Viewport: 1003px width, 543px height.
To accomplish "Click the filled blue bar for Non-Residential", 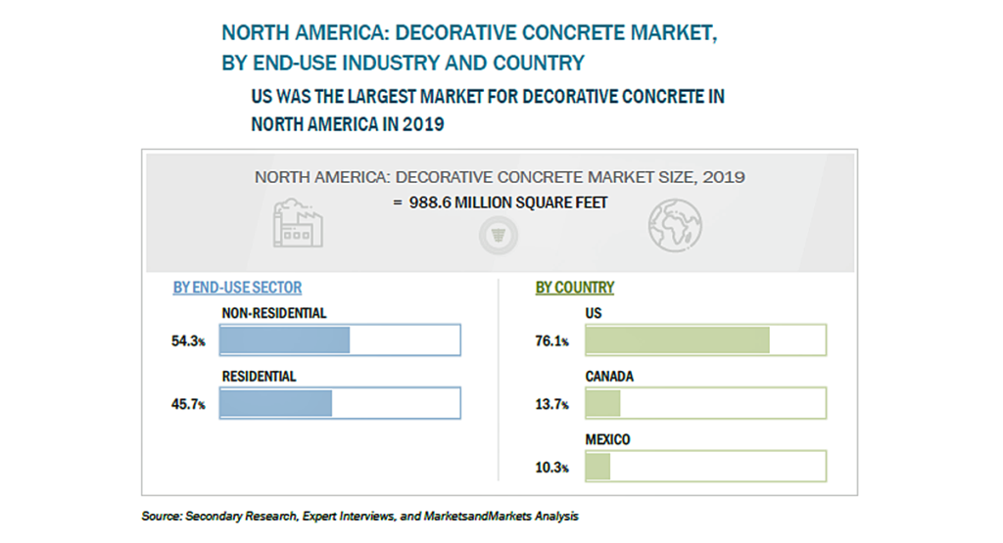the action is pyautogui.click(x=285, y=339).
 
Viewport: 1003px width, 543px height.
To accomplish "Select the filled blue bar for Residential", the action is pyautogui.click(x=275, y=403).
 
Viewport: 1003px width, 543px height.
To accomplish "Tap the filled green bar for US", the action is pyautogui.click(x=678, y=339).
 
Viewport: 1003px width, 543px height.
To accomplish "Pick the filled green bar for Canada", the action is pyautogui.click(x=603, y=403).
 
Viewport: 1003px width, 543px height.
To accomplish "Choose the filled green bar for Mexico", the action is pyautogui.click(x=598, y=467).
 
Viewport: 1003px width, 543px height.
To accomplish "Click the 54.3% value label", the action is pyautogui.click(x=188, y=341).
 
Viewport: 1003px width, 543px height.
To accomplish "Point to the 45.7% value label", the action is pyautogui.click(x=188, y=404).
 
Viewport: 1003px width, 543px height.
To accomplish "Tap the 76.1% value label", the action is pyautogui.click(x=552, y=341).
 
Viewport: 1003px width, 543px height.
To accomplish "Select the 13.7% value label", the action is pyautogui.click(x=552, y=404).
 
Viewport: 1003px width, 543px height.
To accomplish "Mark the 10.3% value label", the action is pyautogui.click(x=552, y=468).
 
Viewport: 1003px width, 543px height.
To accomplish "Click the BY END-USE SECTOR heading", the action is pyautogui.click(x=237, y=288).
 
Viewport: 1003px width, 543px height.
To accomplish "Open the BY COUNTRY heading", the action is pyautogui.click(x=575, y=288).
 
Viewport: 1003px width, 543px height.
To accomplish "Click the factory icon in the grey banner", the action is pyautogui.click(x=298, y=223).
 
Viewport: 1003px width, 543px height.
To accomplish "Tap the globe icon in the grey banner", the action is pyautogui.click(x=675, y=225).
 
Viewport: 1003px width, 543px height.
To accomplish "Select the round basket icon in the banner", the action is pyautogui.click(x=499, y=236).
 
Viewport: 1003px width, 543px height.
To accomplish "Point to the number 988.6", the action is pyautogui.click(x=430, y=203).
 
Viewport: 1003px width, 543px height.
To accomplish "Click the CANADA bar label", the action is pyautogui.click(x=609, y=377).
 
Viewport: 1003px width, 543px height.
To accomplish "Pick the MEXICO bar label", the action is pyautogui.click(x=607, y=440).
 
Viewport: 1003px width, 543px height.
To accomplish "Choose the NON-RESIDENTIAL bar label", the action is pyautogui.click(x=274, y=314).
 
